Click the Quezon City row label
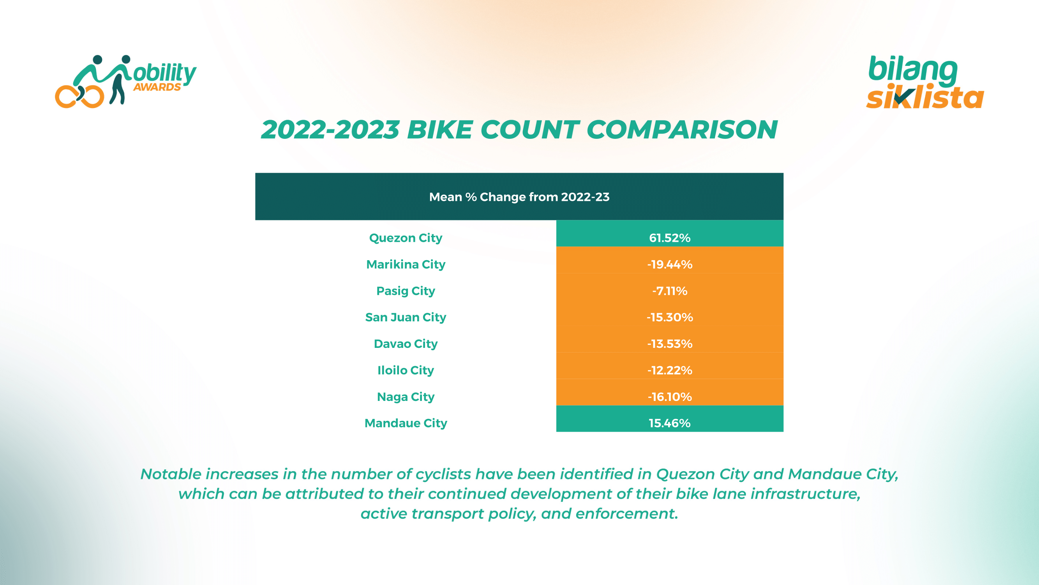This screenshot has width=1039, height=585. pyautogui.click(x=406, y=238)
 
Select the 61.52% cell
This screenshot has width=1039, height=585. pyautogui.click(x=670, y=238)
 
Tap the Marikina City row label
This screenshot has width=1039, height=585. pyautogui.click(x=406, y=264)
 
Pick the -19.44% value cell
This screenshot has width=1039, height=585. pyautogui.click(x=670, y=264)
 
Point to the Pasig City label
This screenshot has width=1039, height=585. pyautogui.click(x=406, y=291)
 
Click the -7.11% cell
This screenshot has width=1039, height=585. pyautogui.click(x=670, y=291)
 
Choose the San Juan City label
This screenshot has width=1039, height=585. pyautogui.click(x=406, y=317)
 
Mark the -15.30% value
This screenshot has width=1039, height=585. pyautogui.click(x=670, y=317)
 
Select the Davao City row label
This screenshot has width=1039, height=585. pyautogui.click(x=406, y=344)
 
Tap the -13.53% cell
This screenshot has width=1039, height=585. pyautogui.click(x=670, y=344)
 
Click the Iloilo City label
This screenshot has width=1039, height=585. pyautogui.click(x=406, y=370)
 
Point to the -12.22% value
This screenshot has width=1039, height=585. pyautogui.click(x=670, y=370)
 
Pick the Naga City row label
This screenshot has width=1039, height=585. pyautogui.click(x=406, y=397)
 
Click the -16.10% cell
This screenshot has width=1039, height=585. pyautogui.click(x=670, y=397)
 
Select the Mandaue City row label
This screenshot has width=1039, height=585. pyautogui.click(x=406, y=423)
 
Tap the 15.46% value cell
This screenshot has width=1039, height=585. pyautogui.click(x=670, y=423)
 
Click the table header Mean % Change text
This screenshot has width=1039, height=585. pyautogui.click(x=519, y=197)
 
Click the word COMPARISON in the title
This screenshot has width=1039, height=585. pyautogui.click(x=682, y=130)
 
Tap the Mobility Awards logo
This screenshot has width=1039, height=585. pyautogui.click(x=125, y=81)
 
